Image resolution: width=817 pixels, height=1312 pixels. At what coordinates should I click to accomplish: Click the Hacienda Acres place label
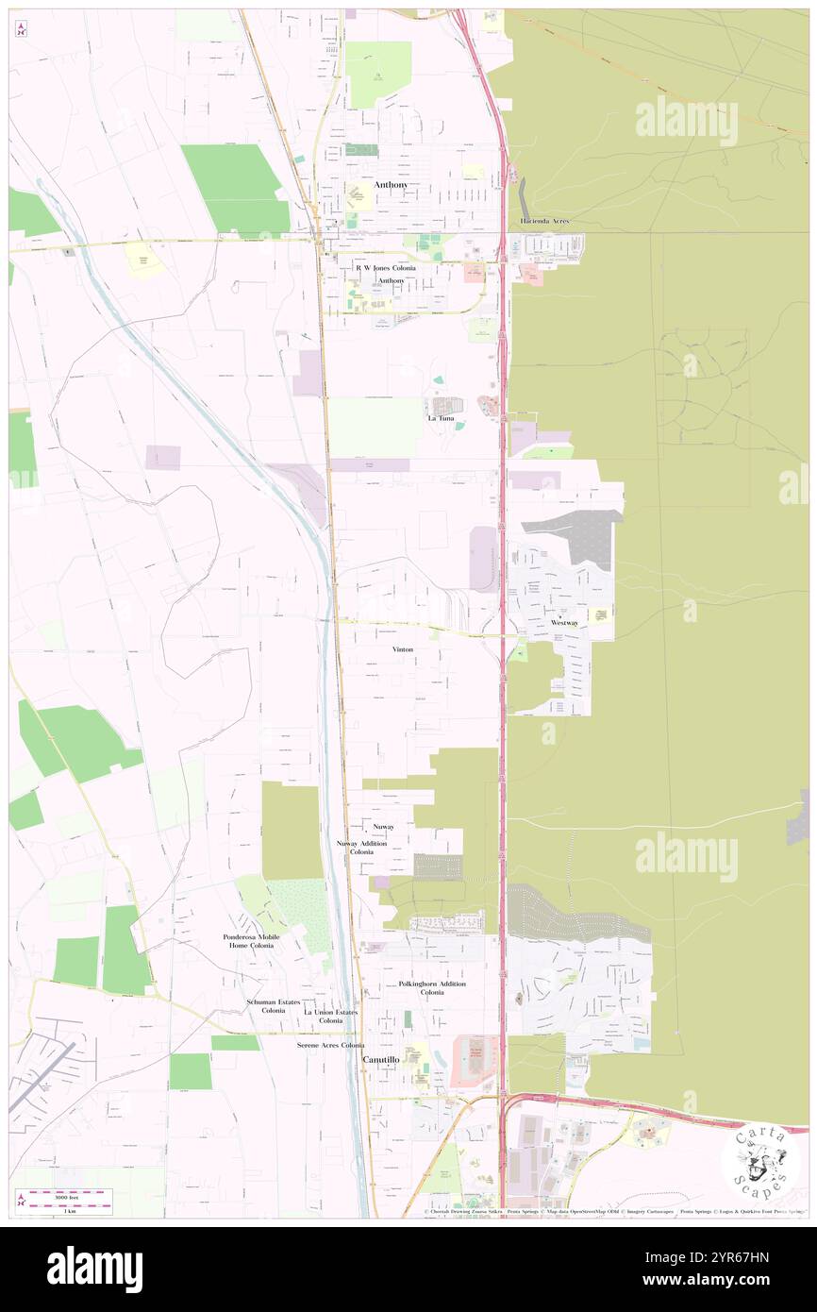(x=544, y=221)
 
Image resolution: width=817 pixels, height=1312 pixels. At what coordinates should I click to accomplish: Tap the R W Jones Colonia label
(x=385, y=268)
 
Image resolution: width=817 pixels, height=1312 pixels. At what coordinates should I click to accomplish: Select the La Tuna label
(x=441, y=418)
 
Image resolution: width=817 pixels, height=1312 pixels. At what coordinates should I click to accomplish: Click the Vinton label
(x=403, y=649)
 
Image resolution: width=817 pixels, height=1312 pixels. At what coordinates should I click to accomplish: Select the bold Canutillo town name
(x=385, y=1060)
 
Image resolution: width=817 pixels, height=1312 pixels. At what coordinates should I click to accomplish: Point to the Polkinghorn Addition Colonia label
(x=432, y=988)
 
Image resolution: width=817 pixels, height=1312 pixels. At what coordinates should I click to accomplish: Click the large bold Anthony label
(x=392, y=185)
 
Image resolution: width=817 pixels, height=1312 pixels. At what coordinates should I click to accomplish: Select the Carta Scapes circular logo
(x=759, y=1160)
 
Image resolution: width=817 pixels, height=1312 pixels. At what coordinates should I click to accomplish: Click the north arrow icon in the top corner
(x=21, y=27)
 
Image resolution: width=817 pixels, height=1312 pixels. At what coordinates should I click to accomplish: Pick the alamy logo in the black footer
(x=94, y=1269)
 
